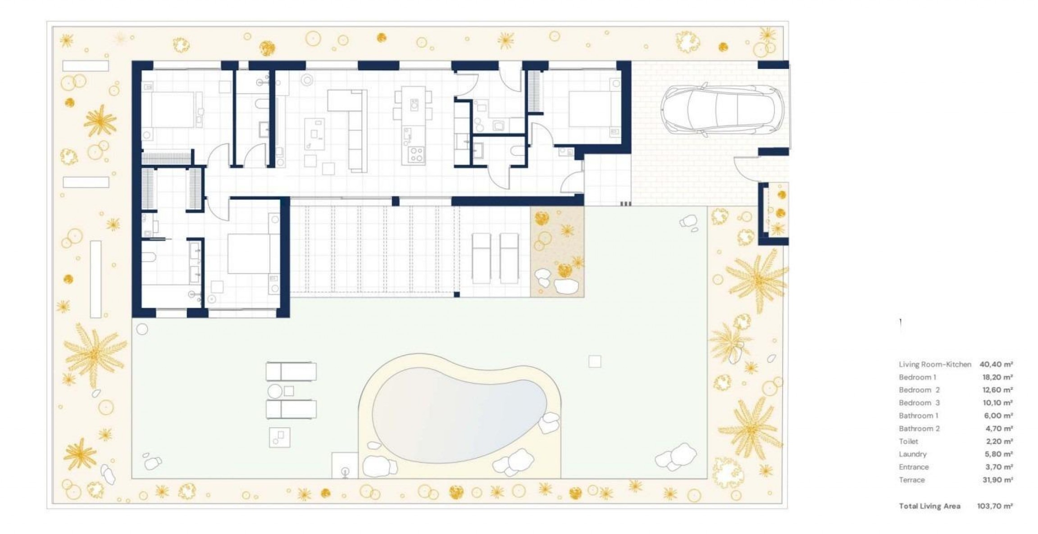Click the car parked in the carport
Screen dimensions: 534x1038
[x=722, y=110]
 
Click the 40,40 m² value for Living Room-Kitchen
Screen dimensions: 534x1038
[x=996, y=364]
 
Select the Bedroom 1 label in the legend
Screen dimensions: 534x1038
[x=917, y=377]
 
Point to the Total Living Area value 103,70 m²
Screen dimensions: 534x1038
[x=995, y=506]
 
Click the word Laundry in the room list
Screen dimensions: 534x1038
[x=912, y=454]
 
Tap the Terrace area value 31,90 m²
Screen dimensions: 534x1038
[x=997, y=480]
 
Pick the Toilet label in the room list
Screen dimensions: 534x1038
[x=908, y=441]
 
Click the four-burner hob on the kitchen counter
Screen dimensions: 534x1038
[x=415, y=155]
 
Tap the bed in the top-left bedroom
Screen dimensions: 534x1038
[x=173, y=110]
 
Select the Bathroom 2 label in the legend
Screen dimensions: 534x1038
[x=919, y=429]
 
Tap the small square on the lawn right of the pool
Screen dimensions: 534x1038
[x=595, y=361]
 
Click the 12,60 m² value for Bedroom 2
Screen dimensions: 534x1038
[x=997, y=390]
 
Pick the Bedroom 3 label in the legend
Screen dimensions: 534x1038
[x=919, y=403]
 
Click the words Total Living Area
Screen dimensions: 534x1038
[x=929, y=506]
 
